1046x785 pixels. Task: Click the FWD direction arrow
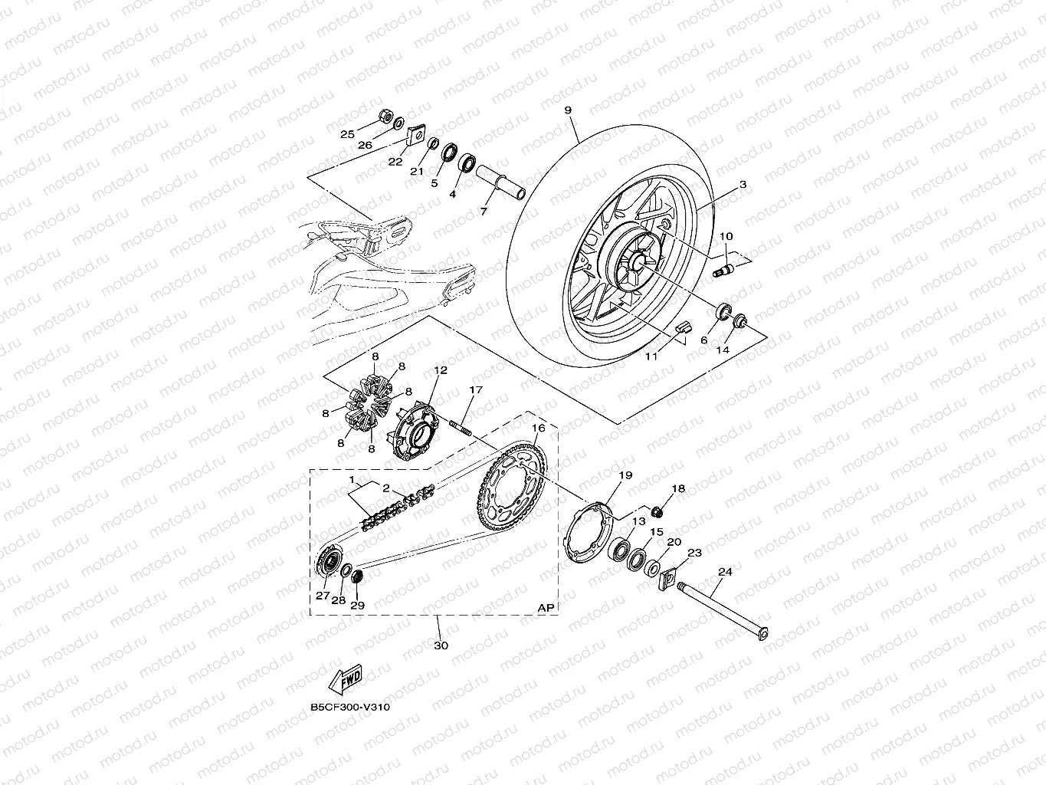pos(346,679)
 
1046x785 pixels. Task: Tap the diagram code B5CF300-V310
pos(350,708)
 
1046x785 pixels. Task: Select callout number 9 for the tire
pos(568,110)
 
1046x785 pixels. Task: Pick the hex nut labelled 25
pos(385,116)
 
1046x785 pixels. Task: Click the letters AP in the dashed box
pos(546,608)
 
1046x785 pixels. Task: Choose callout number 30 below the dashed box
pos(441,645)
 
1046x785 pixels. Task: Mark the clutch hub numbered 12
pos(413,430)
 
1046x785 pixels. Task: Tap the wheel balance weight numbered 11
pos(683,327)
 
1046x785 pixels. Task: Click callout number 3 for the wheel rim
pos(743,185)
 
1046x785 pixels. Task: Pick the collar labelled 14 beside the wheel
pos(740,320)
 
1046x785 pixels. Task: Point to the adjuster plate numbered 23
pos(667,579)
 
